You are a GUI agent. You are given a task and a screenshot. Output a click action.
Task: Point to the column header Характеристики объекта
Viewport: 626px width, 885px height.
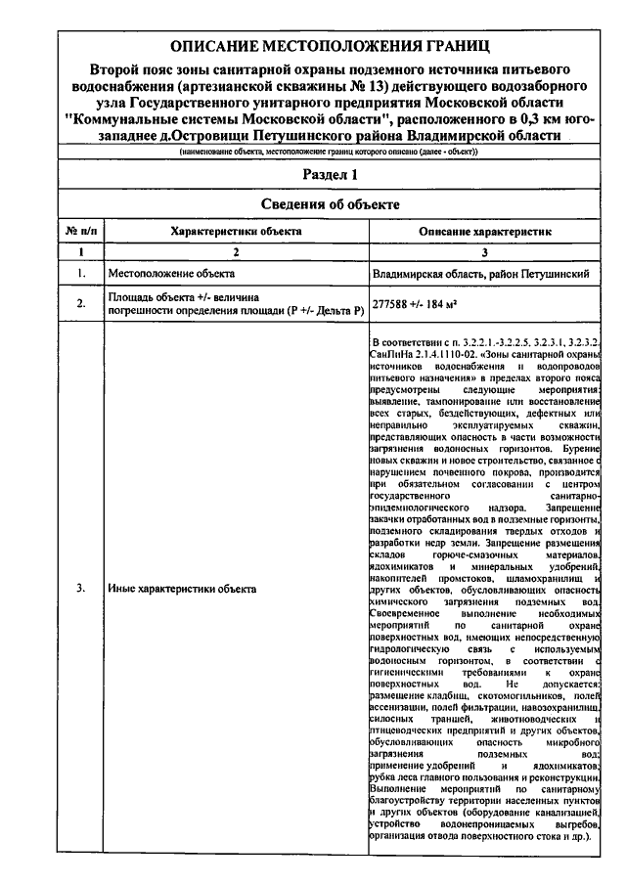[x=236, y=231]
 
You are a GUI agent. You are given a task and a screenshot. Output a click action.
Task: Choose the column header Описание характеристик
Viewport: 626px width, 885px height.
[x=486, y=231]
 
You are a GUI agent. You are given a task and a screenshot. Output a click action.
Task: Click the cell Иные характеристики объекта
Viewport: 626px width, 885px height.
[x=181, y=589]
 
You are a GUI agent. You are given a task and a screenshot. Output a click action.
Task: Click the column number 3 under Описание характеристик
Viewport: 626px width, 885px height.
[x=486, y=252]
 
